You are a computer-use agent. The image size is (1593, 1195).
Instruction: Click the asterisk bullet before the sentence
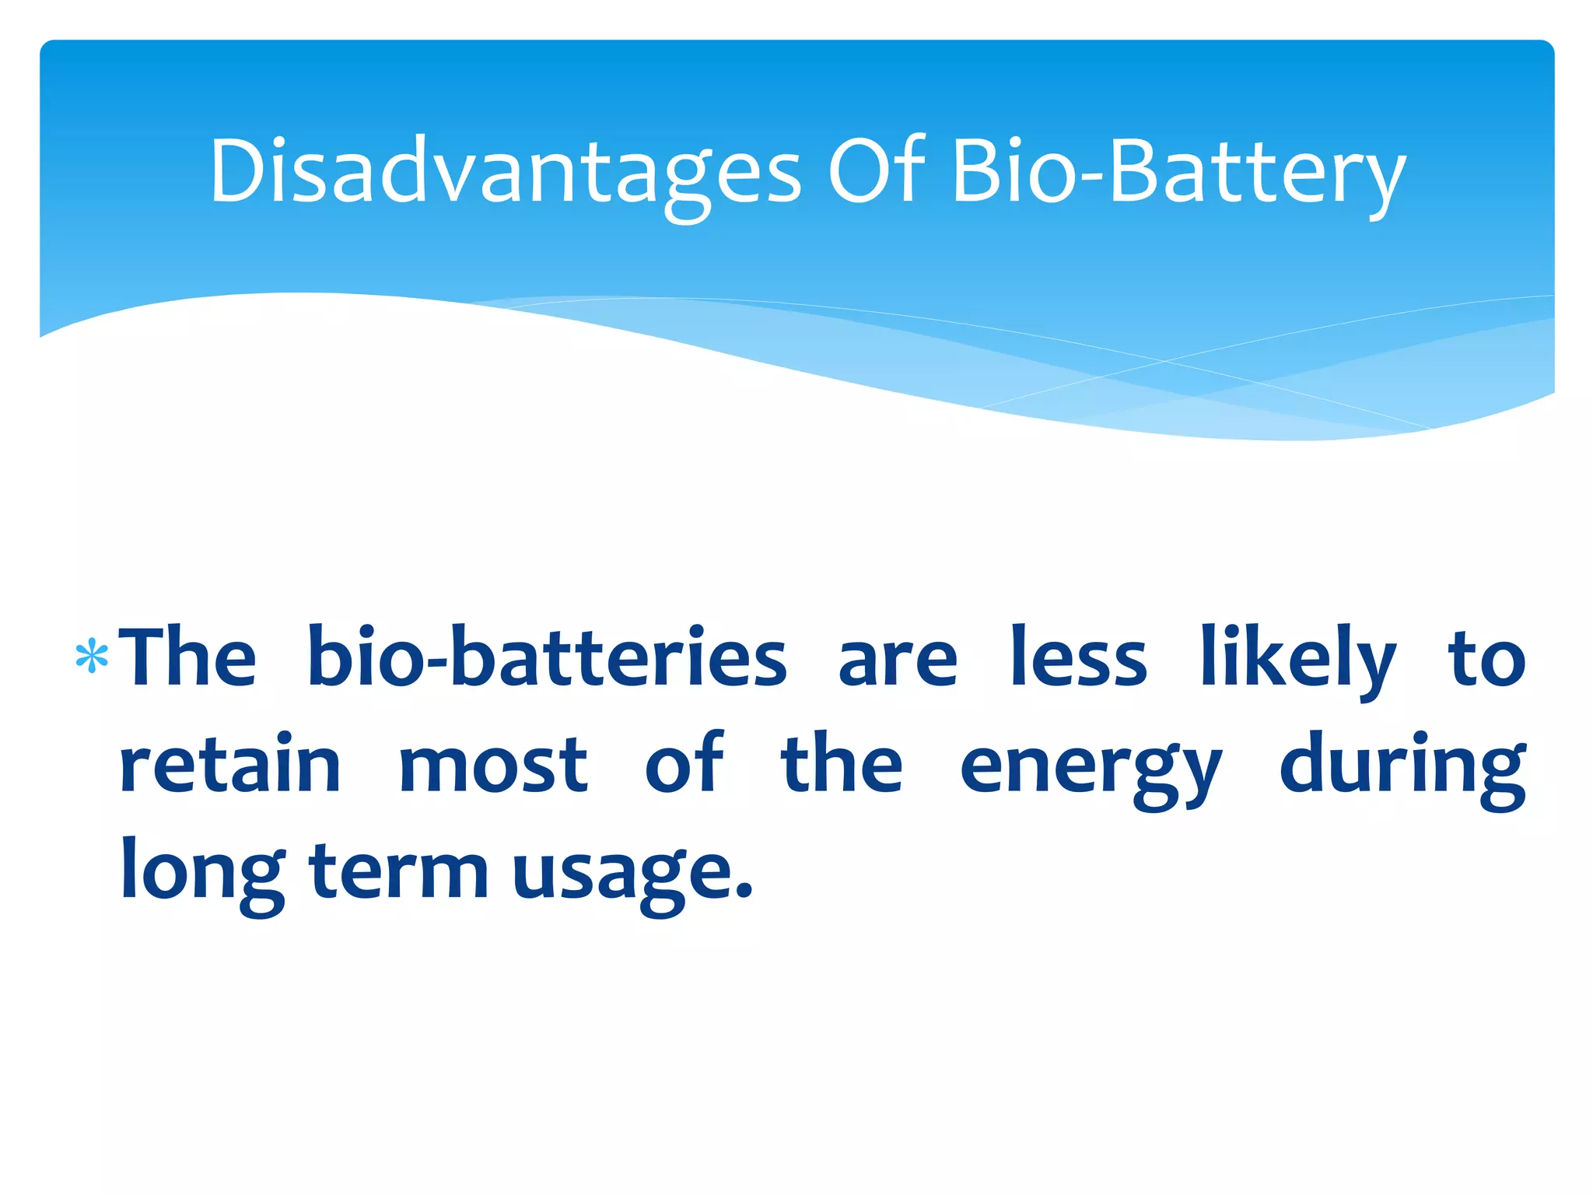pos(92,657)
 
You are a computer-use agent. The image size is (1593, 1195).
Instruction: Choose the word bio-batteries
pos(547,658)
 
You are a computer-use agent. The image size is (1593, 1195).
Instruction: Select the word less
pos(1079,658)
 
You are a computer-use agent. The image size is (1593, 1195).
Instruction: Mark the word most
pos(493,767)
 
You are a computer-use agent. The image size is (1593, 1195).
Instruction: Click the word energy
pos(1091,770)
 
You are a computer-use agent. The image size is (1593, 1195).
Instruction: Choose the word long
pos(203,873)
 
